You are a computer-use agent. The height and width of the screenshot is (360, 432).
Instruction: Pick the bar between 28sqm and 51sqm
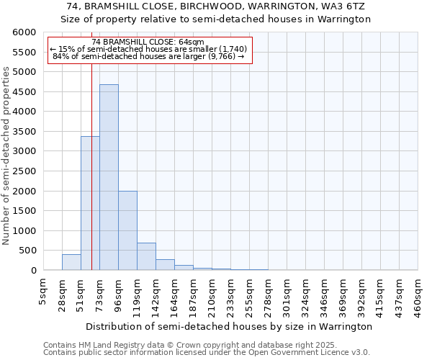(71, 262)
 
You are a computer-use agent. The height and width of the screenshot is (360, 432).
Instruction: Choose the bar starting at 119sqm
(146, 256)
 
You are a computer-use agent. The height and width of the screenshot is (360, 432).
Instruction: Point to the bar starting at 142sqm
(165, 264)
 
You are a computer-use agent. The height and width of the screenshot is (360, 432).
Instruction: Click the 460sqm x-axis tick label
(418, 294)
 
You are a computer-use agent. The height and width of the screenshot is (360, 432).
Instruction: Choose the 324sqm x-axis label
(305, 294)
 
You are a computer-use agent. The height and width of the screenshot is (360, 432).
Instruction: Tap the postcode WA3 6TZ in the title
(348, 6)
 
